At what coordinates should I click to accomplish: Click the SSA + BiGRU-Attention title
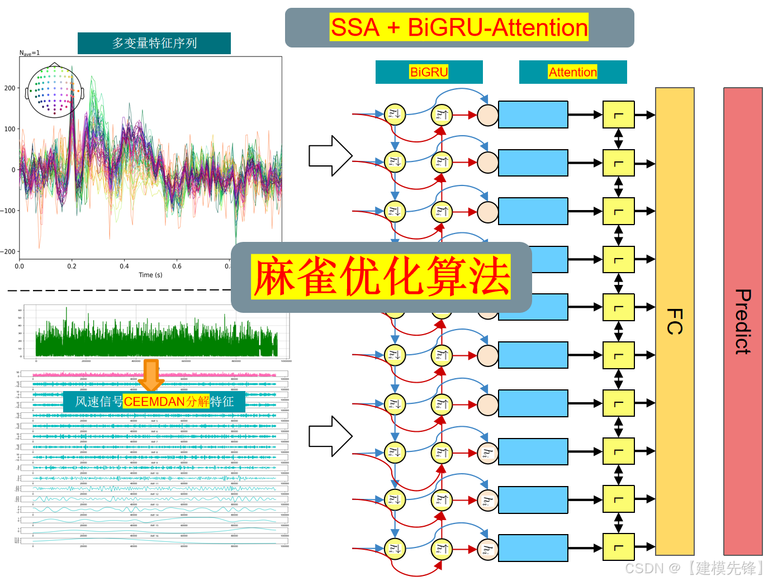click(x=459, y=27)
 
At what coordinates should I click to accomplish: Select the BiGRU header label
click(x=429, y=72)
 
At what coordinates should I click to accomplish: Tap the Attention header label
click(x=572, y=72)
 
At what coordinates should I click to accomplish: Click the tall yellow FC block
click(x=675, y=321)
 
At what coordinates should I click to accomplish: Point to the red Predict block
click(x=743, y=321)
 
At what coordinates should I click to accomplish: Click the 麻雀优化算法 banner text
click(x=381, y=277)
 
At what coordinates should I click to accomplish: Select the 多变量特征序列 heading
click(x=154, y=43)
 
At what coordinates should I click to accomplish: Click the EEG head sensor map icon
click(x=54, y=91)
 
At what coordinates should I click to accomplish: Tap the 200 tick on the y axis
click(x=10, y=88)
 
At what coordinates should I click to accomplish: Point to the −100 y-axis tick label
click(x=8, y=211)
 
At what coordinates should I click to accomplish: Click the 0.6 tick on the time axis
click(x=177, y=266)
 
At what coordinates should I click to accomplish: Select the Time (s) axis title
click(x=150, y=275)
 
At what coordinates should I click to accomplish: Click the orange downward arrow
click(x=151, y=375)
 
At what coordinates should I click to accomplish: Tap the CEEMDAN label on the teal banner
click(x=154, y=402)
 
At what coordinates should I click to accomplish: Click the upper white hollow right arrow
click(x=330, y=156)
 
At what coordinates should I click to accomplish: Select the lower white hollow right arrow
click(x=330, y=436)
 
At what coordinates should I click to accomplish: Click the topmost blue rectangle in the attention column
click(x=533, y=115)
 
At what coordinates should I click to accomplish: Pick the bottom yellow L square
click(x=618, y=547)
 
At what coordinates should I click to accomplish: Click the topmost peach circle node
click(x=487, y=115)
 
